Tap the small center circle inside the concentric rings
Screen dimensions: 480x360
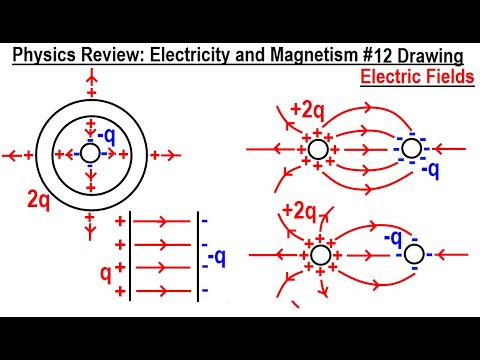click(90, 154)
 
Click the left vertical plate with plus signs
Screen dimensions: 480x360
click(131, 254)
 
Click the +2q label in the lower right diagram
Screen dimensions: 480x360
click(300, 213)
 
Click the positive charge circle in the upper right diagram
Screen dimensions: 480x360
click(318, 150)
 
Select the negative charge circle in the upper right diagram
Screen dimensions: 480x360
click(411, 150)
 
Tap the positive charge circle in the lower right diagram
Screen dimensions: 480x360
click(320, 255)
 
